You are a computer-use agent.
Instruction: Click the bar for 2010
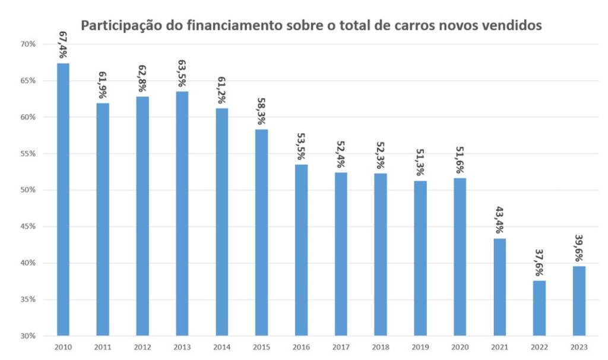click(63, 199)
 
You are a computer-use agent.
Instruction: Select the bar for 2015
click(262, 232)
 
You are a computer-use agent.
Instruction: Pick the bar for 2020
click(460, 257)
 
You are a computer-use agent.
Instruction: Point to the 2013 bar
click(182, 213)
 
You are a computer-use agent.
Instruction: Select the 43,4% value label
click(500, 219)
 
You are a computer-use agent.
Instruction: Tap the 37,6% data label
click(540, 261)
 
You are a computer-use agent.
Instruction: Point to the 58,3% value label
click(262, 110)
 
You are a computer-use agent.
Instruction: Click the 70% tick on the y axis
click(28, 44)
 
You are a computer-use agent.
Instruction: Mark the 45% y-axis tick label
click(28, 226)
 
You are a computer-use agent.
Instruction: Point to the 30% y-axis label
click(28, 336)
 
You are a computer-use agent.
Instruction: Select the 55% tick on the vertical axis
click(28, 153)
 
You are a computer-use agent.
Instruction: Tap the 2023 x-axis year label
click(579, 346)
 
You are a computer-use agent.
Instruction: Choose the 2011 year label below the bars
click(103, 346)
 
